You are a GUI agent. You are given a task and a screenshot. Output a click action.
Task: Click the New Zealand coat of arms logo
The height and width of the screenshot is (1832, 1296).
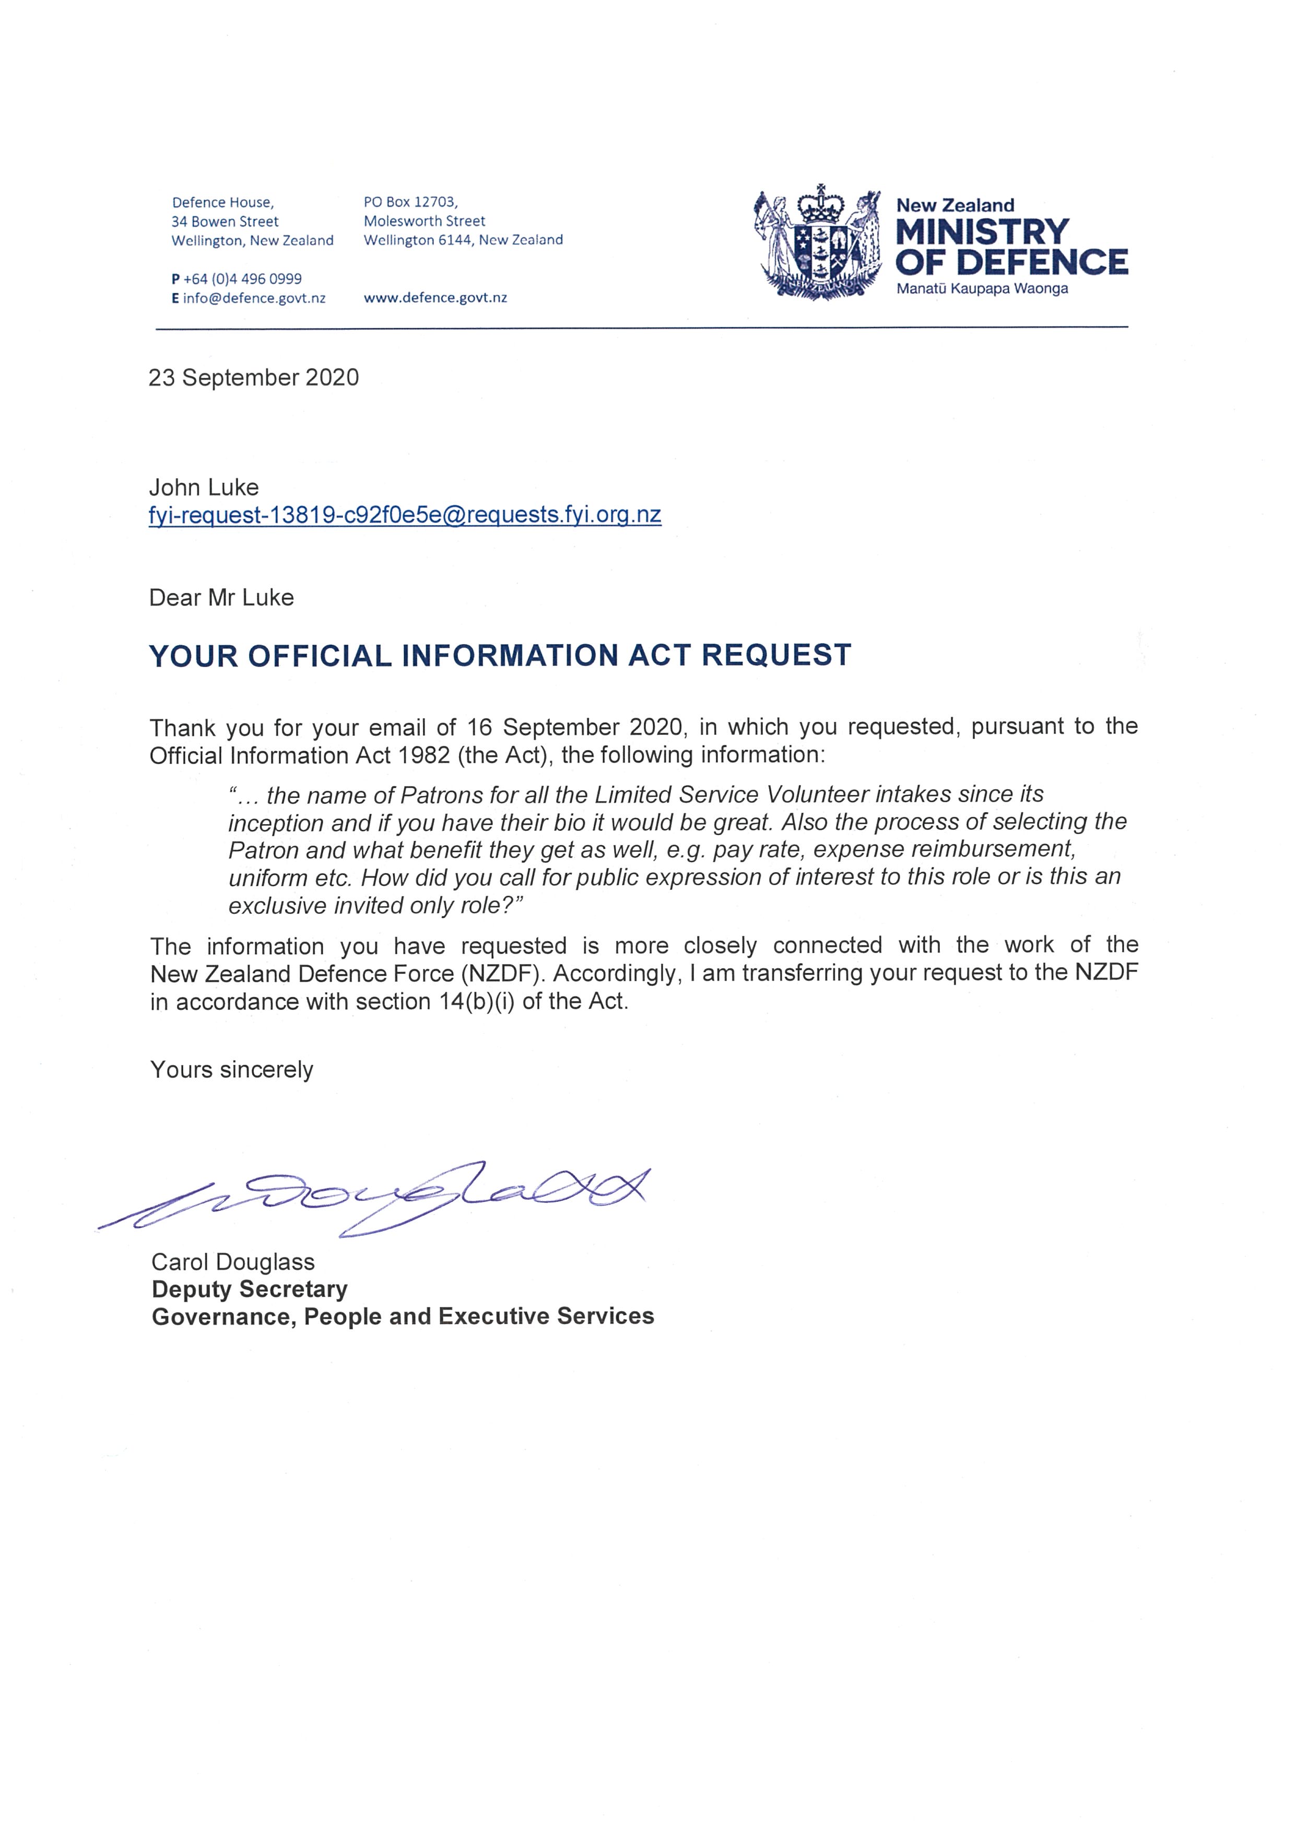(x=818, y=243)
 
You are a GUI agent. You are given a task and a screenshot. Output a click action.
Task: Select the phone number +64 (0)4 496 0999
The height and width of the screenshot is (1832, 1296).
(x=243, y=279)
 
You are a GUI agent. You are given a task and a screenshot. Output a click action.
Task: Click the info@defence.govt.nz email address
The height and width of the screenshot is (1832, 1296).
(x=254, y=299)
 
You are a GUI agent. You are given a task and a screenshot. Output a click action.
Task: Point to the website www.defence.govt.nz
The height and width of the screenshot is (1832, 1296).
(x=435, y=298)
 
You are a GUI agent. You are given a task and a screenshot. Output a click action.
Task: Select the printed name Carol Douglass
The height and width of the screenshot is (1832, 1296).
(x=233, y=1262)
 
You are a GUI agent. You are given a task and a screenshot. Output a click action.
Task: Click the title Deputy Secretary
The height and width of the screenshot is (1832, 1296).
(x=250, y=1289)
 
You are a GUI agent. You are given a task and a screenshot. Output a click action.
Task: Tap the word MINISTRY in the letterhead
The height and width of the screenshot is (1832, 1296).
(x=982, y=232)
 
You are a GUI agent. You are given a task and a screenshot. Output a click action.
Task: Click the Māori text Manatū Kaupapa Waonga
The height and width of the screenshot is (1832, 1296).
(x=982, y=289)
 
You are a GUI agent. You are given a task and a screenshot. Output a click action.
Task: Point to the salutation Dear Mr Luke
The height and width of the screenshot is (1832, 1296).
(x=221, y=598)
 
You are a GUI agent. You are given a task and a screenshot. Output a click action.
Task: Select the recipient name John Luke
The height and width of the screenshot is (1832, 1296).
(x=204, y=487)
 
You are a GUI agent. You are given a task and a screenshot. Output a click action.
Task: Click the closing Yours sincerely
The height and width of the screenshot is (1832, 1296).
(x=231, y=1069)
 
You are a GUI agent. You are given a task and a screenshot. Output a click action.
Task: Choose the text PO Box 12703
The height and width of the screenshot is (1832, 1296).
(x=410, y=202)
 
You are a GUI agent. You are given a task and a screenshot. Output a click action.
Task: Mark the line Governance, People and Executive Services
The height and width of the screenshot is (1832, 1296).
(x=403, y=1316)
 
